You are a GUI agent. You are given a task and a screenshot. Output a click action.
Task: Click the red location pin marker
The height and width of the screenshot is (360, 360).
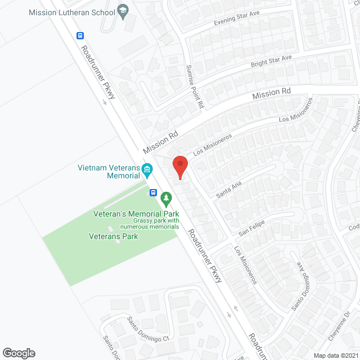(179, 168)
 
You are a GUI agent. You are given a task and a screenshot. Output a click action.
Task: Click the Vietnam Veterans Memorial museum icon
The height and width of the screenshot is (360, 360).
(147, 169)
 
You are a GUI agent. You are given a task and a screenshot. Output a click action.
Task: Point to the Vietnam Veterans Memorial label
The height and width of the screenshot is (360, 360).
(109, 172)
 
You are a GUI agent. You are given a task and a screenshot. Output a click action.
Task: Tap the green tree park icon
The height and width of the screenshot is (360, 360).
(166, 198)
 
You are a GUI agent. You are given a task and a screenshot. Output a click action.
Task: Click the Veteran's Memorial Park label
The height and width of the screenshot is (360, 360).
(136, 214)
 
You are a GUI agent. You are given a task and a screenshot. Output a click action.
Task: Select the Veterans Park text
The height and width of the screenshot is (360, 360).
(113, 236)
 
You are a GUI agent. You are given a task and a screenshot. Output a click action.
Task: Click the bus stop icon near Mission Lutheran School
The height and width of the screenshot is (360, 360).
(80, 35)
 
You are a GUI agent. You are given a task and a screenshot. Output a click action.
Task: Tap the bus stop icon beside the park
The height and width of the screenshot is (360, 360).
(153, 192)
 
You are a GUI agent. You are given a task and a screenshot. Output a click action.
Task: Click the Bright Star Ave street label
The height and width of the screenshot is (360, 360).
(272, 62)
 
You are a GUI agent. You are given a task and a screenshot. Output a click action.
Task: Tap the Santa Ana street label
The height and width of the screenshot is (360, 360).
(228, 189)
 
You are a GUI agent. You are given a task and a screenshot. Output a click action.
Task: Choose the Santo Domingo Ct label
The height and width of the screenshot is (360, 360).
(148, 330)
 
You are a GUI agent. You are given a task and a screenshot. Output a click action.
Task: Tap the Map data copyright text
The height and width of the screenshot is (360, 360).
(336, 355)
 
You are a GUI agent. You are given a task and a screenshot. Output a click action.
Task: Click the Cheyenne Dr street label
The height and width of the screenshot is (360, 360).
(340, 326)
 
